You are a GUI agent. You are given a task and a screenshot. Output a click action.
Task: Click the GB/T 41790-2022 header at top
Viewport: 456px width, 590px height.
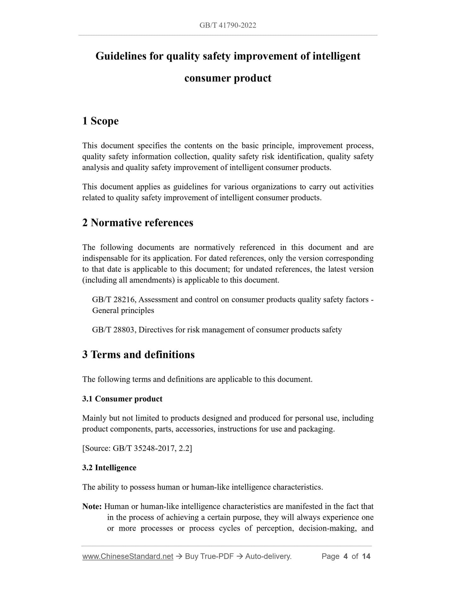[228, 26]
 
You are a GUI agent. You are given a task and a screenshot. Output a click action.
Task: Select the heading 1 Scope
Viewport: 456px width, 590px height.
[100, 121]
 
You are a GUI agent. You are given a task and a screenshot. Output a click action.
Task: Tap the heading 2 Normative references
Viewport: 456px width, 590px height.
[138, 223]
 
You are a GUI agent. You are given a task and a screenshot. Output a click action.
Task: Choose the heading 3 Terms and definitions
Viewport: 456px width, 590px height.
[138, 355]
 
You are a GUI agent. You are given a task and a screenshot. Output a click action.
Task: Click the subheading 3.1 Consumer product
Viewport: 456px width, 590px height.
[122, 399]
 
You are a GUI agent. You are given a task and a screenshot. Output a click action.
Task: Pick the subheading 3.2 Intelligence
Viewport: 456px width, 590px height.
[109, 468]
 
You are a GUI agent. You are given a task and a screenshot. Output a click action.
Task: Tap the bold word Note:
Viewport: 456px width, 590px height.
[92, 506]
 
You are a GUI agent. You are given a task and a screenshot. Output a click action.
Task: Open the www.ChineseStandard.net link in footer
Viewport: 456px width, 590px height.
[128, 556]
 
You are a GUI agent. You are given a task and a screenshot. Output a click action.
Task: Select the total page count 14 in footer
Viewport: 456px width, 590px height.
[366, 556]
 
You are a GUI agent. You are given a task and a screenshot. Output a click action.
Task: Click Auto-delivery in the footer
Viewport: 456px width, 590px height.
[268, 556]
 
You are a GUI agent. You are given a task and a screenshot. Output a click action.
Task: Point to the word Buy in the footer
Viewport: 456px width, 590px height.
[192, 556]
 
